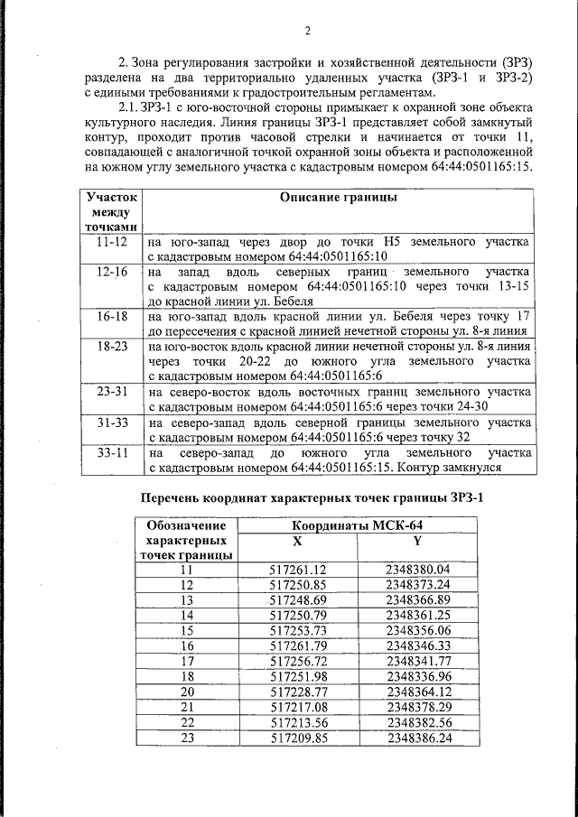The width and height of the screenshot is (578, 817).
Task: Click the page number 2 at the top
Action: coord(306,32)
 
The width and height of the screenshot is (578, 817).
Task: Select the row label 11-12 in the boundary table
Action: coord(112,243)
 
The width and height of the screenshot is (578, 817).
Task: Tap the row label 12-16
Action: coord(112,272)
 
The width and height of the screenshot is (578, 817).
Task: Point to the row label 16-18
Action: coord(112,316)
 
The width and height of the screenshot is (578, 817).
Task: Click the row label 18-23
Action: coord(112,345)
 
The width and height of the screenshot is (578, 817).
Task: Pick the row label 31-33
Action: coord(112,422)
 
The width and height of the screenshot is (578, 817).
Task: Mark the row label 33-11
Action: coord(112,451)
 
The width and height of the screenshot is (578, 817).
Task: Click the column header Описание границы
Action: coord(339,198)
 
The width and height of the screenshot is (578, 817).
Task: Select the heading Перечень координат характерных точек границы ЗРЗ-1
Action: coord(305,497)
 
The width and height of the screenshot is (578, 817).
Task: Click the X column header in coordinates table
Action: coord(298,541)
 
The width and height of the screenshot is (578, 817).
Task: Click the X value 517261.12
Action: coord(298,570)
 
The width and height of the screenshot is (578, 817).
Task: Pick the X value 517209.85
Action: coord(298,738)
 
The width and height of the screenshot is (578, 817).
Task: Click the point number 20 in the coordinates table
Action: coord(187,692)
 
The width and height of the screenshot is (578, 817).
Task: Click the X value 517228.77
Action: coord(298,692)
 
